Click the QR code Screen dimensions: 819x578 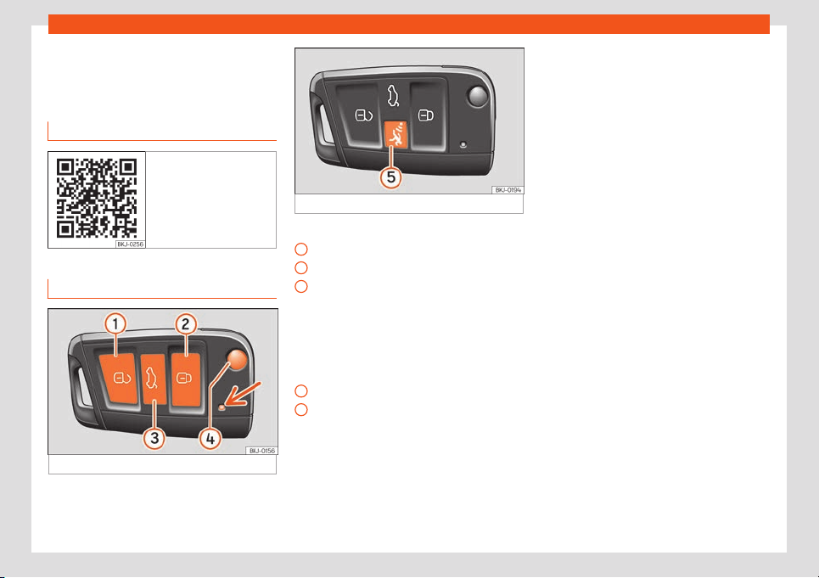[x=97, y=198]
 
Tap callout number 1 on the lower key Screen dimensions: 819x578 [x=115, y=323]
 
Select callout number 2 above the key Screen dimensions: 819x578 [x=185, y=324]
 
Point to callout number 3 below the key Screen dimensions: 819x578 [x=154, y=438]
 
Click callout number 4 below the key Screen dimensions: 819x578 [x=210, y=439]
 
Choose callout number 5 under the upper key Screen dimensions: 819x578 [x=390, y=177]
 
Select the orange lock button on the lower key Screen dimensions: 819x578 [x=185, y=379]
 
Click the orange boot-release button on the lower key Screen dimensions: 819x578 [x=154, y=379]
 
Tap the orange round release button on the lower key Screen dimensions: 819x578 [x=237, y=360]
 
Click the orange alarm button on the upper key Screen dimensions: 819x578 [x=395, y=135]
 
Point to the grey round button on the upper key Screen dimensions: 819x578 [x=478, y=97]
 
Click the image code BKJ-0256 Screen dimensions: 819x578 [x=130, y=244]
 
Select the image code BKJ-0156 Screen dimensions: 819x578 [x=261, y=451]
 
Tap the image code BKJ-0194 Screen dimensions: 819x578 [x=508, y=190]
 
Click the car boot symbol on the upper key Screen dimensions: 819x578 [x=393, y=96]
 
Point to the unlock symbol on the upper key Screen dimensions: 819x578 [x=363, y=115]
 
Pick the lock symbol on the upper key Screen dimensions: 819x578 [x=426, y=115]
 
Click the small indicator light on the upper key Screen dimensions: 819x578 [x=463, y=144]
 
